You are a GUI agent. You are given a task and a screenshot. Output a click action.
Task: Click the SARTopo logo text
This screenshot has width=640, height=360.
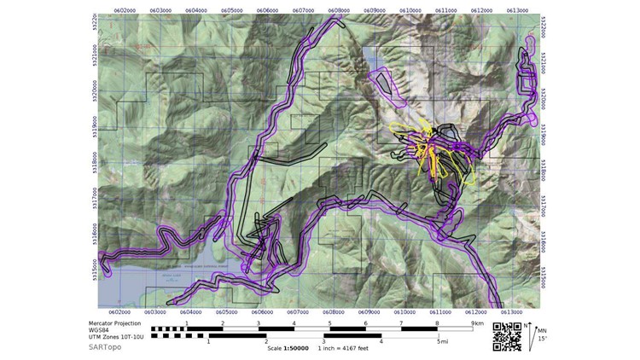tap(104, 347)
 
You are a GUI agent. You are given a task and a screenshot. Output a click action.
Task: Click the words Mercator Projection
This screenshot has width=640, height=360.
tap(117, 324)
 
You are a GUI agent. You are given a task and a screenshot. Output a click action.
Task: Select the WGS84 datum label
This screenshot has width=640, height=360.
tap(100, 331)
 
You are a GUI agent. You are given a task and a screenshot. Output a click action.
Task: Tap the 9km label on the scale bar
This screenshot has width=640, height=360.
tap(475, 324)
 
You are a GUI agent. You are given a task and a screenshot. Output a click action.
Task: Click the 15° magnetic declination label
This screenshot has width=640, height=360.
tap(542, 340)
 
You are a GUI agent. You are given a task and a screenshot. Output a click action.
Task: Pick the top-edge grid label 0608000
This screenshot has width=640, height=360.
tap(337, 11)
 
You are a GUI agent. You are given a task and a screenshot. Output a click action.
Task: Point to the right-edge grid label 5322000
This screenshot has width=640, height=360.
tap(544, 31)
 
